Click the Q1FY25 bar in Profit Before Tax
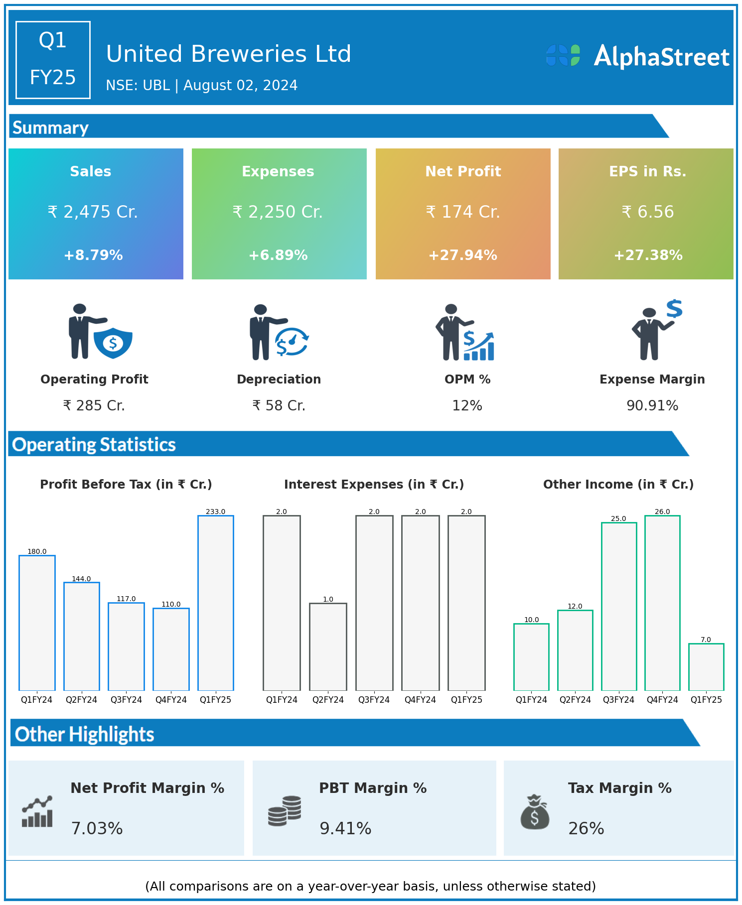tap(216, 603)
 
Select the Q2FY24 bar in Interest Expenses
tap(328, 646)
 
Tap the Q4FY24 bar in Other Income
tap(662, 603)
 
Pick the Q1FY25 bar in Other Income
tap(706, 667)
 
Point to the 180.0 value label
tap(37, 551)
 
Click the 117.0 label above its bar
tap(126, 599)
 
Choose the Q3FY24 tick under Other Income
tap(618, 700)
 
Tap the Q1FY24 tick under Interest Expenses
tap(282, 700)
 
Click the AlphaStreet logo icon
tap(563, 55)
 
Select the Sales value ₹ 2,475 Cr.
tap(93, 212)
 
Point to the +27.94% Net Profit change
tap(463, 256)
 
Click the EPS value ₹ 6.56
tap(648, 212)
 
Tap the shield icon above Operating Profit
tap(113, 343)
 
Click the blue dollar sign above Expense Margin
tap(674, 309)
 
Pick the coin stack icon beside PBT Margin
tap(285, 811)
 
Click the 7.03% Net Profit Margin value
tap(97, 828)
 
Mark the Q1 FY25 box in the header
tap(53, 60)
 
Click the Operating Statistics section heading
tap(94, 444)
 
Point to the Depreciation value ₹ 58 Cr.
tap(279, 405)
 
